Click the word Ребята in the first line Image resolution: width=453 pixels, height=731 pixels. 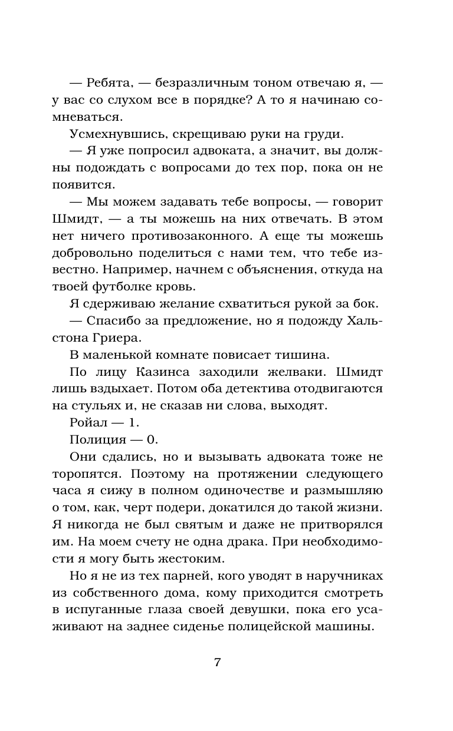click(x=111, y=83)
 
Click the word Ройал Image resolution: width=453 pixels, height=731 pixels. click(x=87, y=423)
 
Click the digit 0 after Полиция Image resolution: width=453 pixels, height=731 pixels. click(x=152, y=440)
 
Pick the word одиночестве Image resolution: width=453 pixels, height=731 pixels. click(x=250, y=491)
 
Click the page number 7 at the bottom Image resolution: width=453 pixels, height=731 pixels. click(x=217, y=662)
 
